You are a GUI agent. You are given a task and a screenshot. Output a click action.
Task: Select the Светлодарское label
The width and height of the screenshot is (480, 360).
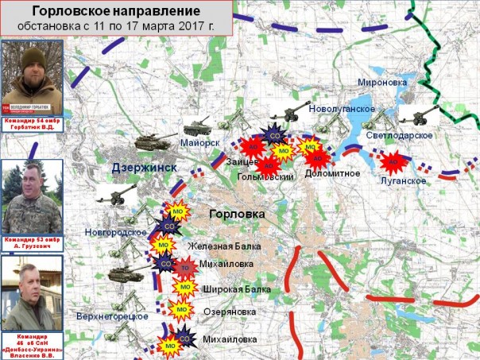click(x=400, y=136)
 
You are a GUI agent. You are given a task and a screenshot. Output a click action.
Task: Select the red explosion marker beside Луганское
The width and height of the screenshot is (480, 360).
click(x=392, y=163)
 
